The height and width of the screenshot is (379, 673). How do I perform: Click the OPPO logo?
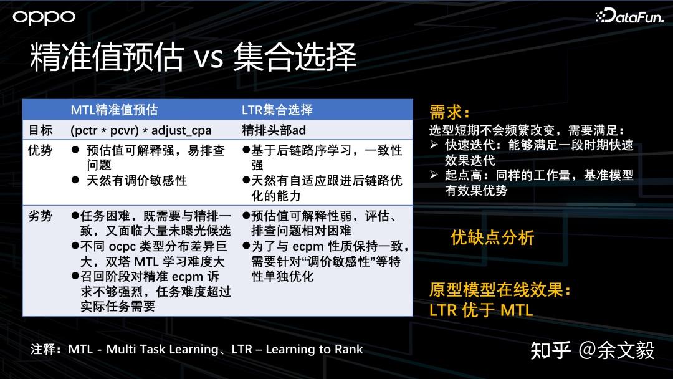pos(44,17)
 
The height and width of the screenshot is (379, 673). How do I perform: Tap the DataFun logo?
pos(629,16)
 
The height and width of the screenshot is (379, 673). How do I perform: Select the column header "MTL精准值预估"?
pos(114,110)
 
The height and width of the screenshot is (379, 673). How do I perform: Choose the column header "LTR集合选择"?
pos(277,110)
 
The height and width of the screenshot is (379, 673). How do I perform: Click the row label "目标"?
pos(41,130)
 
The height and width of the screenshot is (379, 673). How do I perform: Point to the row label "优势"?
pos(41,150)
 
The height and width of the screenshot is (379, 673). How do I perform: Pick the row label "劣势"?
pos(41,216)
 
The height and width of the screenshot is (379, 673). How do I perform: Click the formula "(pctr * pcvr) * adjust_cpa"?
pos(141,130)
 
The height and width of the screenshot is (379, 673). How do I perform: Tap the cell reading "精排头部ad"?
pos(274,130)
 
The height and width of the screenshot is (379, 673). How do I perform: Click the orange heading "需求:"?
pos(449,112)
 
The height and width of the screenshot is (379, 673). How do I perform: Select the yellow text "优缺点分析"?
pos(492,237)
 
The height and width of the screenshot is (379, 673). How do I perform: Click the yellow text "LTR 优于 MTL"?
pos(481,310)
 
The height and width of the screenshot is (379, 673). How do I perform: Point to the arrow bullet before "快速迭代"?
pos(434,145)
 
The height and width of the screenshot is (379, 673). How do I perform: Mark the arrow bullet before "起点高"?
pos(434,175)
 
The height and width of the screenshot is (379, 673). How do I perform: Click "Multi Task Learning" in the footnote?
pos(162,349)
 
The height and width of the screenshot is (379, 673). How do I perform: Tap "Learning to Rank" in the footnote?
pos(314,349)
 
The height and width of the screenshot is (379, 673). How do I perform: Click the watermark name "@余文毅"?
pos(616,350)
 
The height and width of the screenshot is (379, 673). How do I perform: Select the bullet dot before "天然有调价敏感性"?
pos(75,180)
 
